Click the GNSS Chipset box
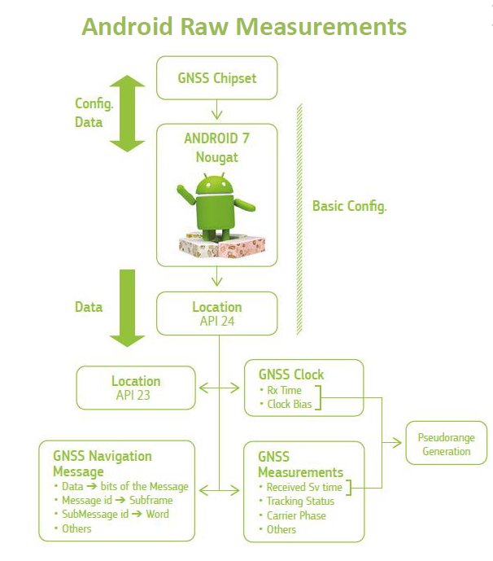[x=217, y=79]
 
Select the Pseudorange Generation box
[x=447, y=444]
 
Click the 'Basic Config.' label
[x=349, y=206]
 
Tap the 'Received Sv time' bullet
[x=304, y=487]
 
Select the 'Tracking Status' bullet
[x=300, y=501]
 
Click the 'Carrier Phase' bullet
[x=296, y=515]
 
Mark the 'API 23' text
[x=136, y=396]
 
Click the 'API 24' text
[x=216, y=321]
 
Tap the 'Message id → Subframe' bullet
[x=120, y=500]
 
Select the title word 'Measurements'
[x=321, y=26]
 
